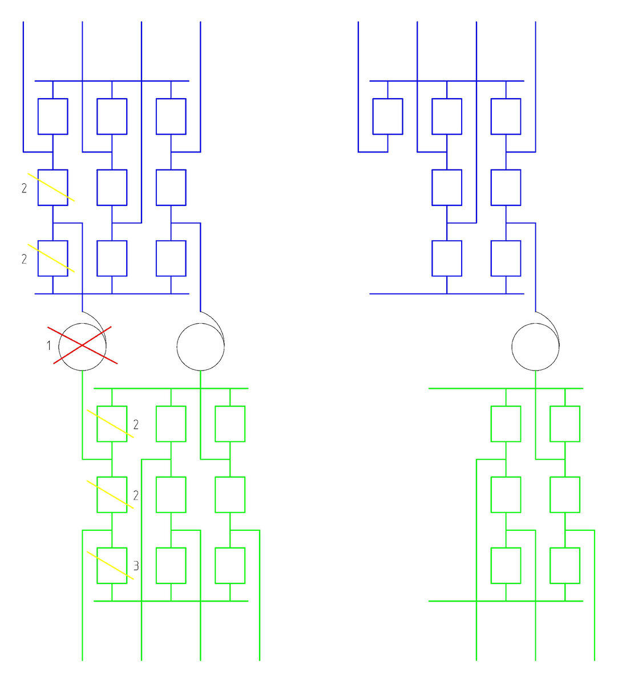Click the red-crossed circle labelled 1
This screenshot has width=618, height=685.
tap(83, 346)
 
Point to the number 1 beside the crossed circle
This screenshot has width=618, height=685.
tap(49, 346)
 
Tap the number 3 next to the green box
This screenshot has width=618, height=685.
tap(136, 566)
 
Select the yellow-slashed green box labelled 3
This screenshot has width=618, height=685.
tap(112, 566)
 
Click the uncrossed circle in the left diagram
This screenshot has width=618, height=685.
tap(201, 346)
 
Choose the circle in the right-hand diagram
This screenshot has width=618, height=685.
tap(535, 346)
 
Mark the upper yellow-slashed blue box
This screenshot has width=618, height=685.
tap(52, 187)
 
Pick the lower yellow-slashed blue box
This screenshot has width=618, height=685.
tap(52, 258)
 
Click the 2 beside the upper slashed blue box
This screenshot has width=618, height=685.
tap(24, 189)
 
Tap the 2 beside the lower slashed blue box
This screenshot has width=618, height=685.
tap(24, 260)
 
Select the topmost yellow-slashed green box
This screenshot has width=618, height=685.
tap(112, 424)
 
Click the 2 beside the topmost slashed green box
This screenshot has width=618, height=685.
tap(136, 425)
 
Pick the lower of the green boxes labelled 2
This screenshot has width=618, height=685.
tap(112, 494)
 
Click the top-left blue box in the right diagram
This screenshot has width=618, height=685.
tap(387, 116)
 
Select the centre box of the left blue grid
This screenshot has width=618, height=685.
tap(112, 187)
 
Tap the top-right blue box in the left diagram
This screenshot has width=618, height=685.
tap(171, 116)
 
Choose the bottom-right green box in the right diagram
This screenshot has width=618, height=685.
tap(565, 566)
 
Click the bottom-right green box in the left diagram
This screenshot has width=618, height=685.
tap(230, 566)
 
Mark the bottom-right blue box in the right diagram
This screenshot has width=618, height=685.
tap(506, 258)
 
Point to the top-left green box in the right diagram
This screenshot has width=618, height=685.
tap(506, 424)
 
